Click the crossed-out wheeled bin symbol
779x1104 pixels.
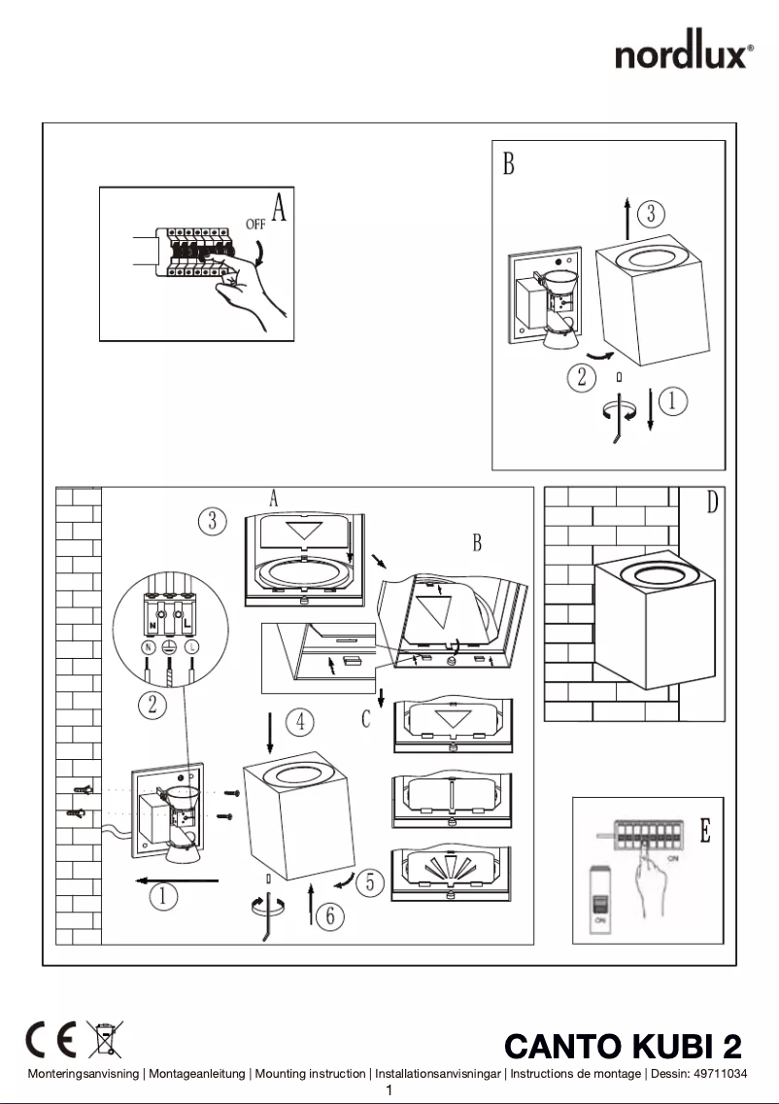coord(104,1040)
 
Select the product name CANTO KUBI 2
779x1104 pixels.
coord(623,1047)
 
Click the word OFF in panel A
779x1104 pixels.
coord(255,223)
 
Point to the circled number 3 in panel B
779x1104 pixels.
coord(651,211)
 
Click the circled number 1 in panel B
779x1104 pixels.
coord(674,398)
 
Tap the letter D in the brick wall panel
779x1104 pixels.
coord(713,503)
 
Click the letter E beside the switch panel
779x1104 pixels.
coord(705,831)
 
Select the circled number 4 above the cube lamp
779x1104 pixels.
coord(300,721)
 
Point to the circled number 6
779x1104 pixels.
coord(330,914)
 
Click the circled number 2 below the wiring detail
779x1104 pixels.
coord(152,705)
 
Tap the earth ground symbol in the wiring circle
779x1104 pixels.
coord(167,646)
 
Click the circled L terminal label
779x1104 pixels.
coord(192,646)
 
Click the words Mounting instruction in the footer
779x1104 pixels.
coord(310,1074)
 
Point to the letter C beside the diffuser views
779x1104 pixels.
coord(366,719)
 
